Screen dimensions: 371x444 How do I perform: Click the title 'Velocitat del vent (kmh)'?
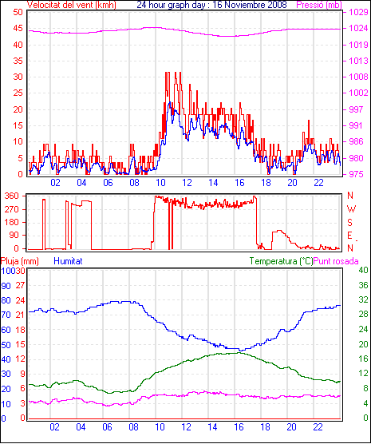[x=71, y=5]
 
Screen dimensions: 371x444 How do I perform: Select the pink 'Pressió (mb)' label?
[x=319, y=5]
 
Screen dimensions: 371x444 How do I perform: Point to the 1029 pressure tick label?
[x=358, y=12]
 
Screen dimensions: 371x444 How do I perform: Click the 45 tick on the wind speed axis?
[x=18, y=28]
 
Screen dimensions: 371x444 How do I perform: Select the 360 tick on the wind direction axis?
[x=12, y=196]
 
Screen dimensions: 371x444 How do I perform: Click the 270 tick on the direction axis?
[x=12, y=209]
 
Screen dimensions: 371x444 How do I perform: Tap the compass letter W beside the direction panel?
[x=351, y=209]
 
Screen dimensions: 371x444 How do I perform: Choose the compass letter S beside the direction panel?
[x=349, y=223]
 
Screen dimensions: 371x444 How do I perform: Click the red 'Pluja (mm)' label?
[x=19, y=261]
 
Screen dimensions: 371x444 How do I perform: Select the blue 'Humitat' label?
[x=68, y=261]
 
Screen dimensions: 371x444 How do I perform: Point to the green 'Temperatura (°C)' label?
[x=282, y=261]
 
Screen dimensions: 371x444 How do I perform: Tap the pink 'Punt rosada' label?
[x=336, y=261]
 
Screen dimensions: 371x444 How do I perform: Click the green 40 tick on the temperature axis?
[x=363, y=270]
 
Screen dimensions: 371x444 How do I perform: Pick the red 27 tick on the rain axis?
[x=21, y=285]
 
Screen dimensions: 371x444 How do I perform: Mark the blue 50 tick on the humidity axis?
[x=6, y=345]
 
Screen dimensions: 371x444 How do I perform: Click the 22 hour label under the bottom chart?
[x=318, y=427]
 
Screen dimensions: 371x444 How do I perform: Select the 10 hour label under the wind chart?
[x=160, y=183]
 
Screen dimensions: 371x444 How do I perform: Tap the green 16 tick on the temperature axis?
[x=363, y=359]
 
